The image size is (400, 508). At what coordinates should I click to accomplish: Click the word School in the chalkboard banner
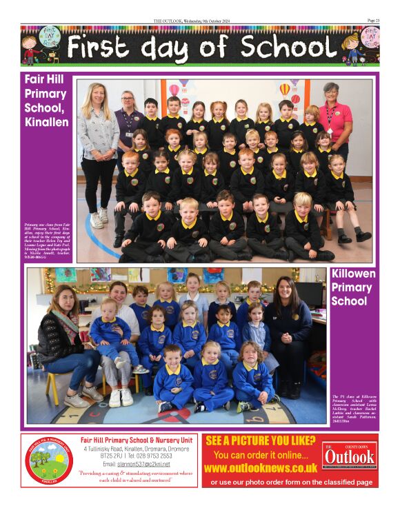[289, 48]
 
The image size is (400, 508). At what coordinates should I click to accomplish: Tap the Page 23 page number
[372, 21]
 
